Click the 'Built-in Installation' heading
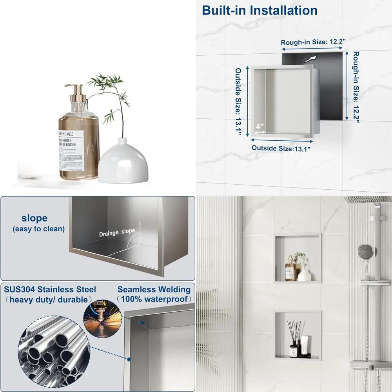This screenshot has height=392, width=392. point(260,10)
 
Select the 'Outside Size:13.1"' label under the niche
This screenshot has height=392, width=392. point(281,149)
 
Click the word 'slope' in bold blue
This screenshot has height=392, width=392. point(34,218)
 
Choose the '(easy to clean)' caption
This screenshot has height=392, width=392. point(38,229)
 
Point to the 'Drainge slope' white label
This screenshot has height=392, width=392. point(117,232)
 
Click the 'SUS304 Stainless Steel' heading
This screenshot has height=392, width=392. point(50,290)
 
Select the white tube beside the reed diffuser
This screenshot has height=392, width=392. point(304,347)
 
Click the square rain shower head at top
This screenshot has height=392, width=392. point(368,200)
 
